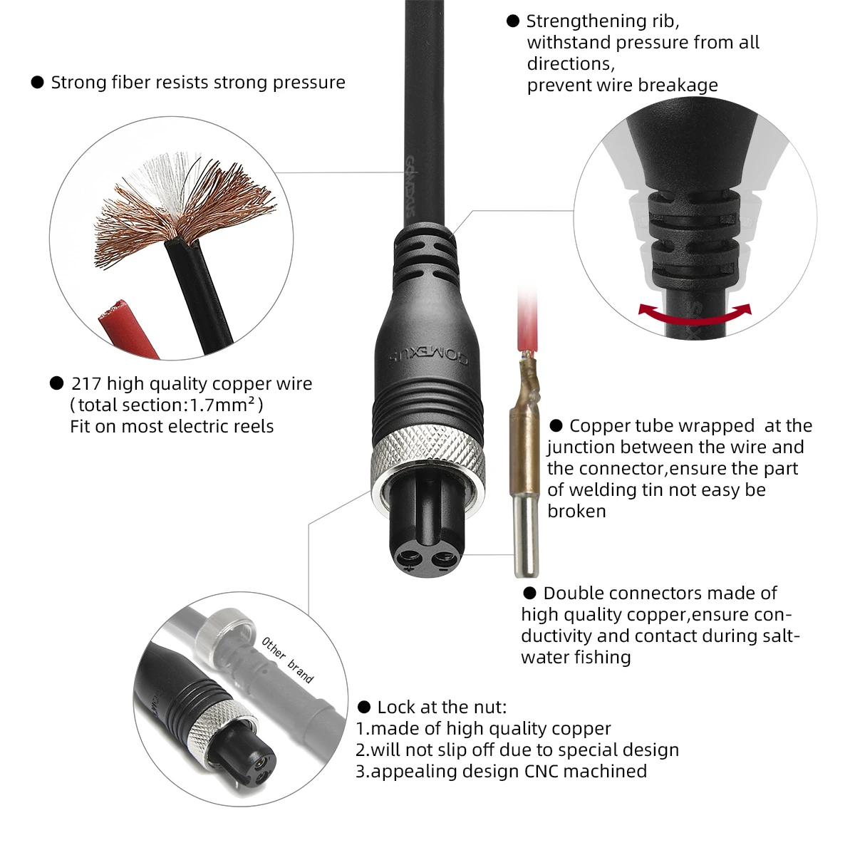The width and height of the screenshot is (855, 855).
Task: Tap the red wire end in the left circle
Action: point(126,328)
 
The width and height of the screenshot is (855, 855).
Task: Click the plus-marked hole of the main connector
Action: point(410,557)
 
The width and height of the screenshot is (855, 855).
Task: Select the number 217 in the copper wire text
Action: point(86,384)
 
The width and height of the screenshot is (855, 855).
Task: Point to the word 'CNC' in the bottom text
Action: point(542,771)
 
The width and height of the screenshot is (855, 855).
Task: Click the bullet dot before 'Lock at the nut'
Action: point(364,707)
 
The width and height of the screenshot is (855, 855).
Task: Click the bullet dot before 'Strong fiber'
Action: point(38,82)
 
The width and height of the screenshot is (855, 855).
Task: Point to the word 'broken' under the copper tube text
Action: point(577,512)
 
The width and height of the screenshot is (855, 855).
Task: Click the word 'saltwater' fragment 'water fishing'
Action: point(576,657)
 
